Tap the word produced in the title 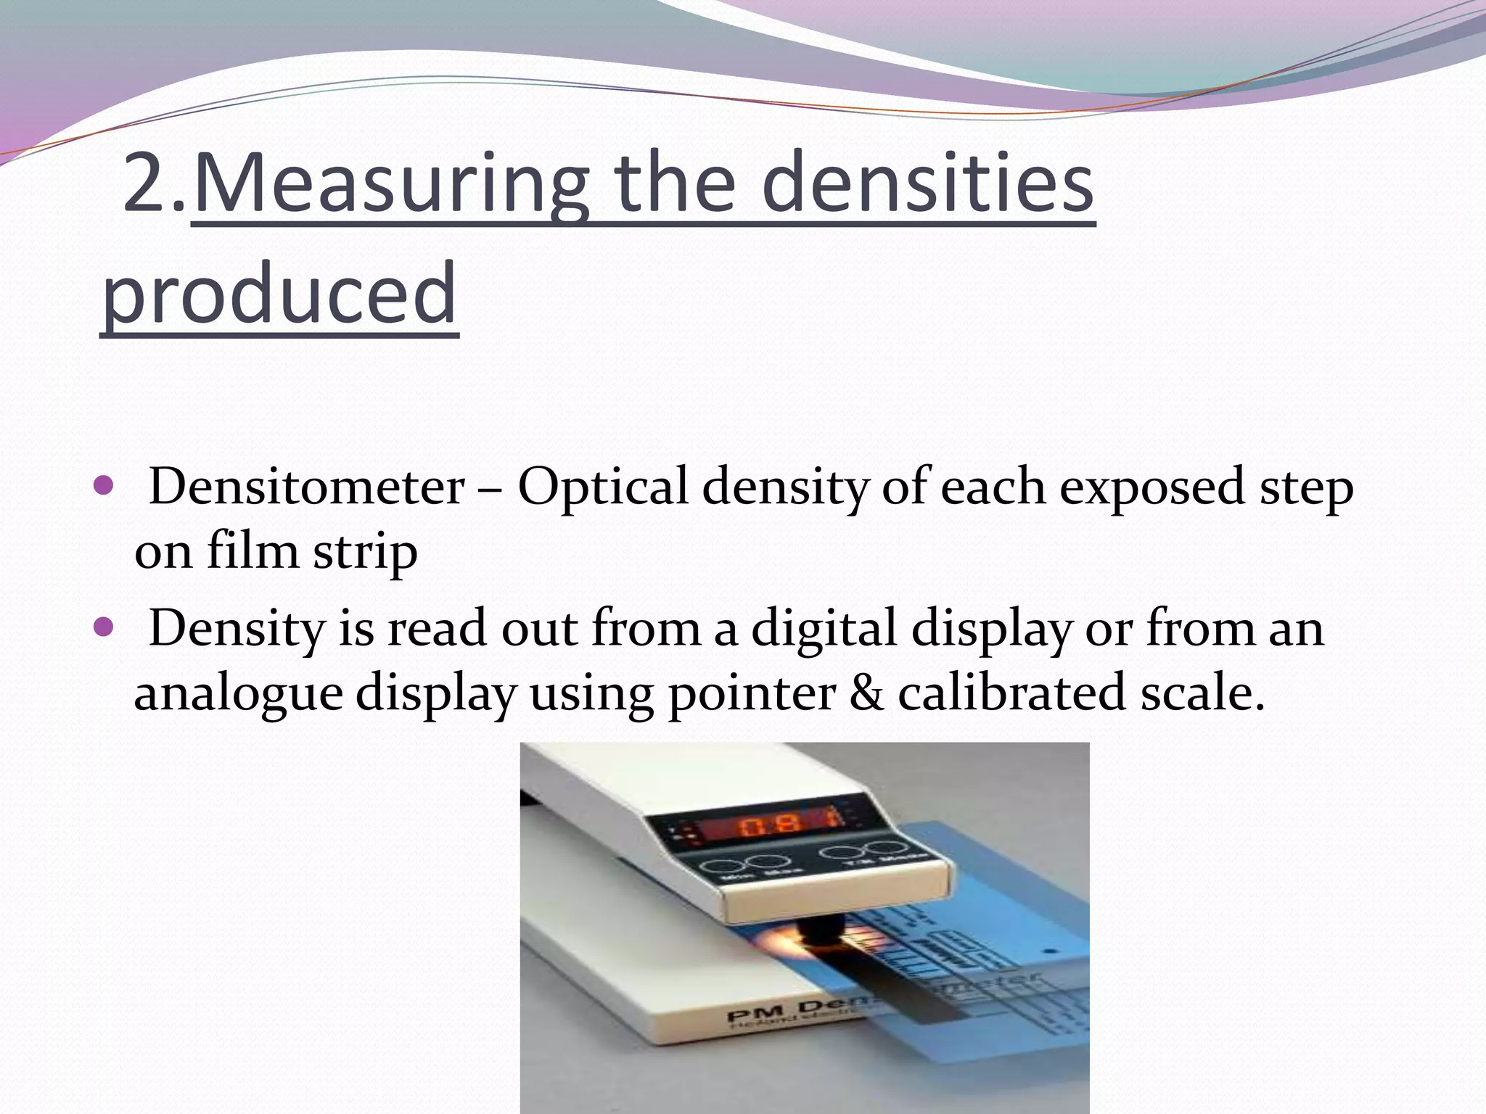tap(279, 294)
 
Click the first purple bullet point tap(104, 484)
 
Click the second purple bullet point tap(104, 625)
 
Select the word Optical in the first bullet tap(602, 487)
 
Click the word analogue tap(238, 693)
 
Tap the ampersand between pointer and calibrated tap(866, 693)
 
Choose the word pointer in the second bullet tap(752, 693)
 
